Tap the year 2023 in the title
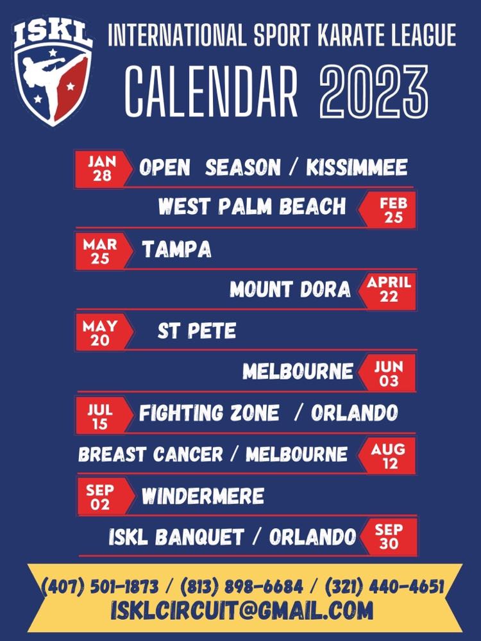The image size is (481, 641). (373, 92)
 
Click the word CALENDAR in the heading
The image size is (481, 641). (212, 92)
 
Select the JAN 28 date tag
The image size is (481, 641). (103, 169)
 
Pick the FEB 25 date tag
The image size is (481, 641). (387, 210)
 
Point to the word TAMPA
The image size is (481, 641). (176, 249)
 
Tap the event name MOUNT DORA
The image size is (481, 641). (290, 290)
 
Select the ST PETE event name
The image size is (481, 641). (197, 330)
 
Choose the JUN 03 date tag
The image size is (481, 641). (387, 373)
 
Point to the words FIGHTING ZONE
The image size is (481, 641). (209, 413)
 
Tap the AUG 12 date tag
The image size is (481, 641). (387, 456)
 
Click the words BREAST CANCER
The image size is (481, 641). (151, 454)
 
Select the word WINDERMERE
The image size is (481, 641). (203, 496)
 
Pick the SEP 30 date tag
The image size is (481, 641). (389, 537)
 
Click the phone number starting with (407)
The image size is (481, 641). (100, 587)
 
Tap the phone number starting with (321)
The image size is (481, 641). (384, 587)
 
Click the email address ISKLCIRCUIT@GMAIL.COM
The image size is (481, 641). (242, 610)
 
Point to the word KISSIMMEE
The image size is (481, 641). (357, 167)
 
